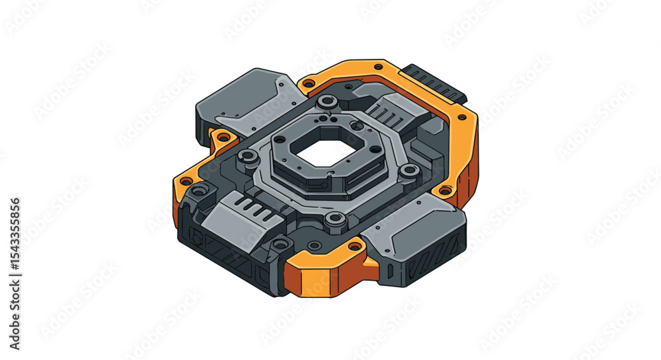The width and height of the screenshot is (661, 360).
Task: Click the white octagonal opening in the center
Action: [319, 154]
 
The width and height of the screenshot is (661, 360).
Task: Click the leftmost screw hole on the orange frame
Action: [186, 181]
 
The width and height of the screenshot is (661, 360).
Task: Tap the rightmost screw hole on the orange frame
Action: [462, 117]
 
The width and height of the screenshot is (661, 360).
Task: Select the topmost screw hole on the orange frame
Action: [378, 67]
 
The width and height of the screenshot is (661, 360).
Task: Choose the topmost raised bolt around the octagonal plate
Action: [326, 102]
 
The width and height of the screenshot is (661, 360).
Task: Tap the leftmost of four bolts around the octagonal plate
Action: [249, 156]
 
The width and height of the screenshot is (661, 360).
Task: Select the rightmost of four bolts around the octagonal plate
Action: [410, 170]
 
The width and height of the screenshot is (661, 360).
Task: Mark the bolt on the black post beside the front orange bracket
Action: [281, 244]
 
